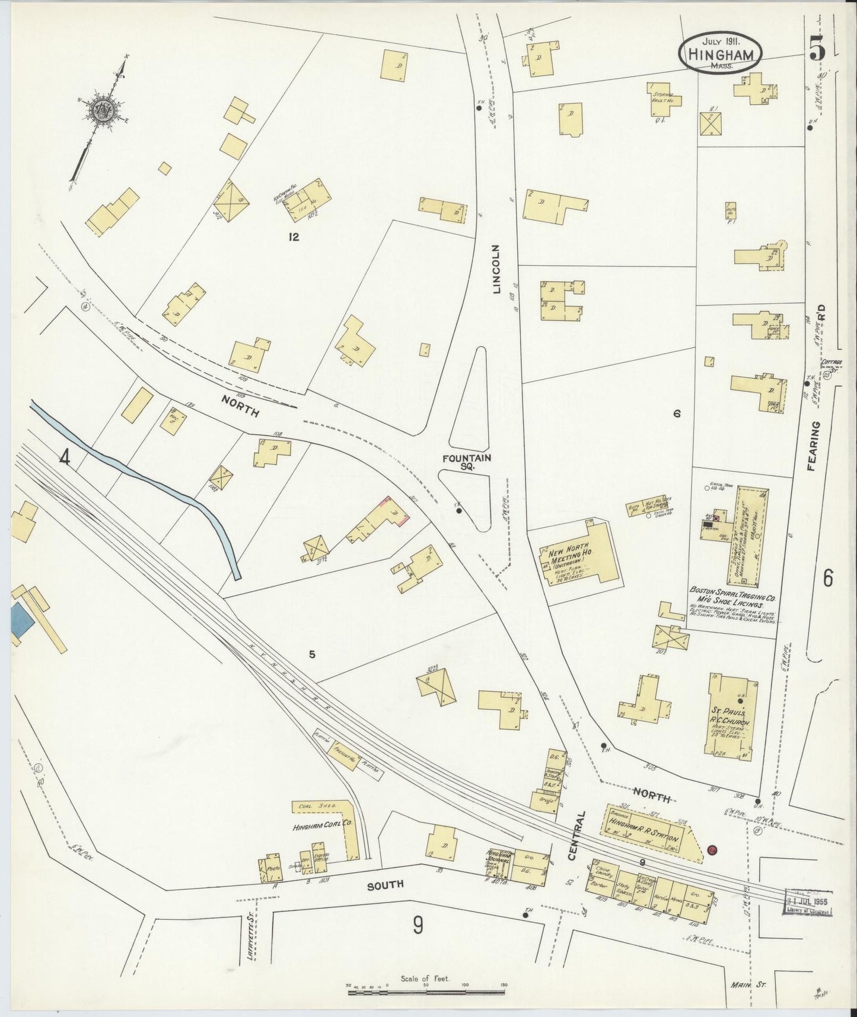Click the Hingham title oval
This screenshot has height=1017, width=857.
pyautogui.click(x=720, y=53)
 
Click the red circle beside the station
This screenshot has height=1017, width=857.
pyautogui.click(x=712, y=850)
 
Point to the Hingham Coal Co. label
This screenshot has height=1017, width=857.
pyautogui.click(x=315, y=827)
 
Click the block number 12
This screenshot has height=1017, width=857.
pyautogui.click(x=293, y=237)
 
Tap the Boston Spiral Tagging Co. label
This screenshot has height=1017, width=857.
pyautogui.click(x=733, y=596)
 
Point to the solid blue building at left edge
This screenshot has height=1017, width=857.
pyautogui.click(x=20, y=620)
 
